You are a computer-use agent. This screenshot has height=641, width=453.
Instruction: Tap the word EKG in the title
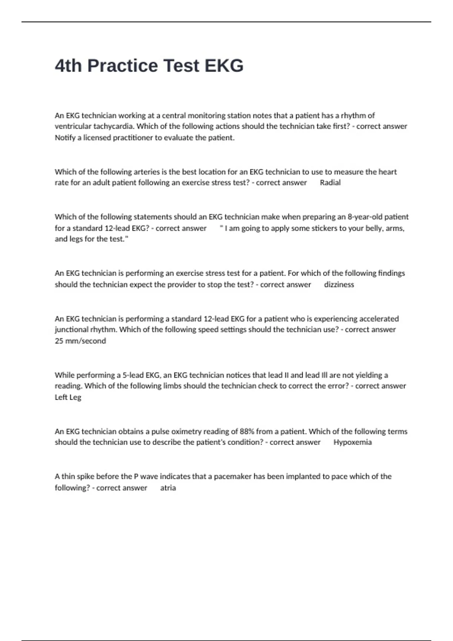224,66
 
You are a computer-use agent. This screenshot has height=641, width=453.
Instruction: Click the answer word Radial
330,183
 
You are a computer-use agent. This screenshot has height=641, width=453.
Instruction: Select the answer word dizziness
339,285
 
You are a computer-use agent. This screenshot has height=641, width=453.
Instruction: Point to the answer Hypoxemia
352,442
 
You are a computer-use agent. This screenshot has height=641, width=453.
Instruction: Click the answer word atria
168,488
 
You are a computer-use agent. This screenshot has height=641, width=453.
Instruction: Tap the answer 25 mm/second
80,341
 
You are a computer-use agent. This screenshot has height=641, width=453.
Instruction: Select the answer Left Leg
68,397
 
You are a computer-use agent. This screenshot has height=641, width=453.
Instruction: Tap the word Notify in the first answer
65,138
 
